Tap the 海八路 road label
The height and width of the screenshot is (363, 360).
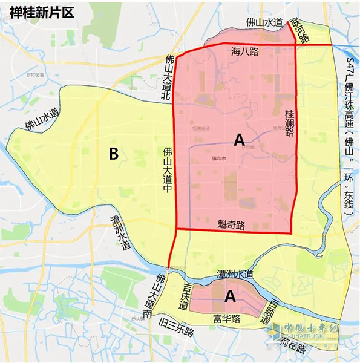(x=245, y=52)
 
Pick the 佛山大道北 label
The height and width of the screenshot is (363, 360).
(x=167, y=77)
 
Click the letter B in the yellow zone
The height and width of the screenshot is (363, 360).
(x=113, y=154)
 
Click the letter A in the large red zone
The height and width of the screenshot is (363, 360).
(x=239, y=140)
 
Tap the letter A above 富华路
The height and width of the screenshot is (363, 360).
(x=230, y=296)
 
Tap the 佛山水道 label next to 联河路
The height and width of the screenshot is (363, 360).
(x=265, y=22)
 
